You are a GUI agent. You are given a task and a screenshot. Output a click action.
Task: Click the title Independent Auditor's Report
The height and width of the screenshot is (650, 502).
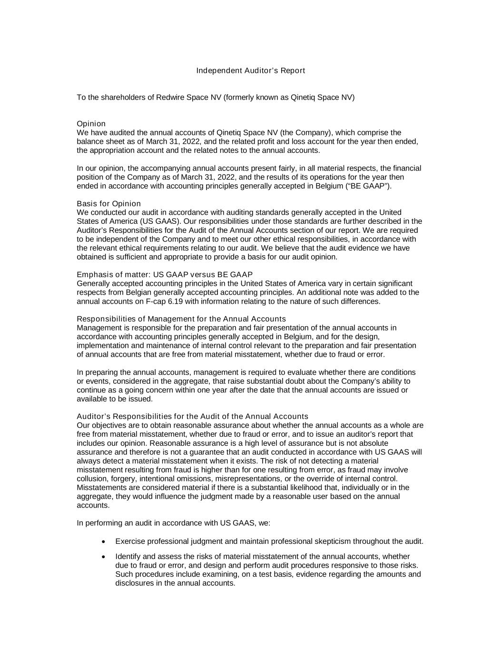click(250, 70)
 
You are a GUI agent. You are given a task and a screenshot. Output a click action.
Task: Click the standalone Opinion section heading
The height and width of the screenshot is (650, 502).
click(91, 124)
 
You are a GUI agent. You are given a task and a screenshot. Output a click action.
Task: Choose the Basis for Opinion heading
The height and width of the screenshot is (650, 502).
click(108, 203)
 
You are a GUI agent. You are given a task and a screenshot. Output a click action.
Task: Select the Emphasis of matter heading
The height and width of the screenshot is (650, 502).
click(165, 274)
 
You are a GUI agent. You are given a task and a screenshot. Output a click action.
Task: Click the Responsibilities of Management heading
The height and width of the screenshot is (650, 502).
click(181, 319)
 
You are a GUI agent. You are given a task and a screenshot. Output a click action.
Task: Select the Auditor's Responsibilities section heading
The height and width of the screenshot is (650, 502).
click(192, 416)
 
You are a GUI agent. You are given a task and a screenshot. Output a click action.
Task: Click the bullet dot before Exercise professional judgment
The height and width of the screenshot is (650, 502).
click(104, 541)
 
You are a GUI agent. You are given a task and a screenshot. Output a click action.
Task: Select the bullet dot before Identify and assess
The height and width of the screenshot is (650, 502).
click(104, 557)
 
